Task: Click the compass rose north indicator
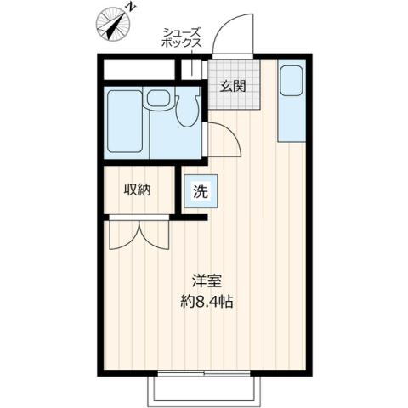(x=111, y=23)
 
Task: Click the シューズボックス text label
(x=183, y=37)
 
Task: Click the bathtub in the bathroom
(x=124, y=121)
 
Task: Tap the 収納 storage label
(x=137, y=190)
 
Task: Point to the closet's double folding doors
(x=139, y=235)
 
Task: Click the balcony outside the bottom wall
(x=203, y=389)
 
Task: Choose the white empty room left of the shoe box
(x=140, y=68)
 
